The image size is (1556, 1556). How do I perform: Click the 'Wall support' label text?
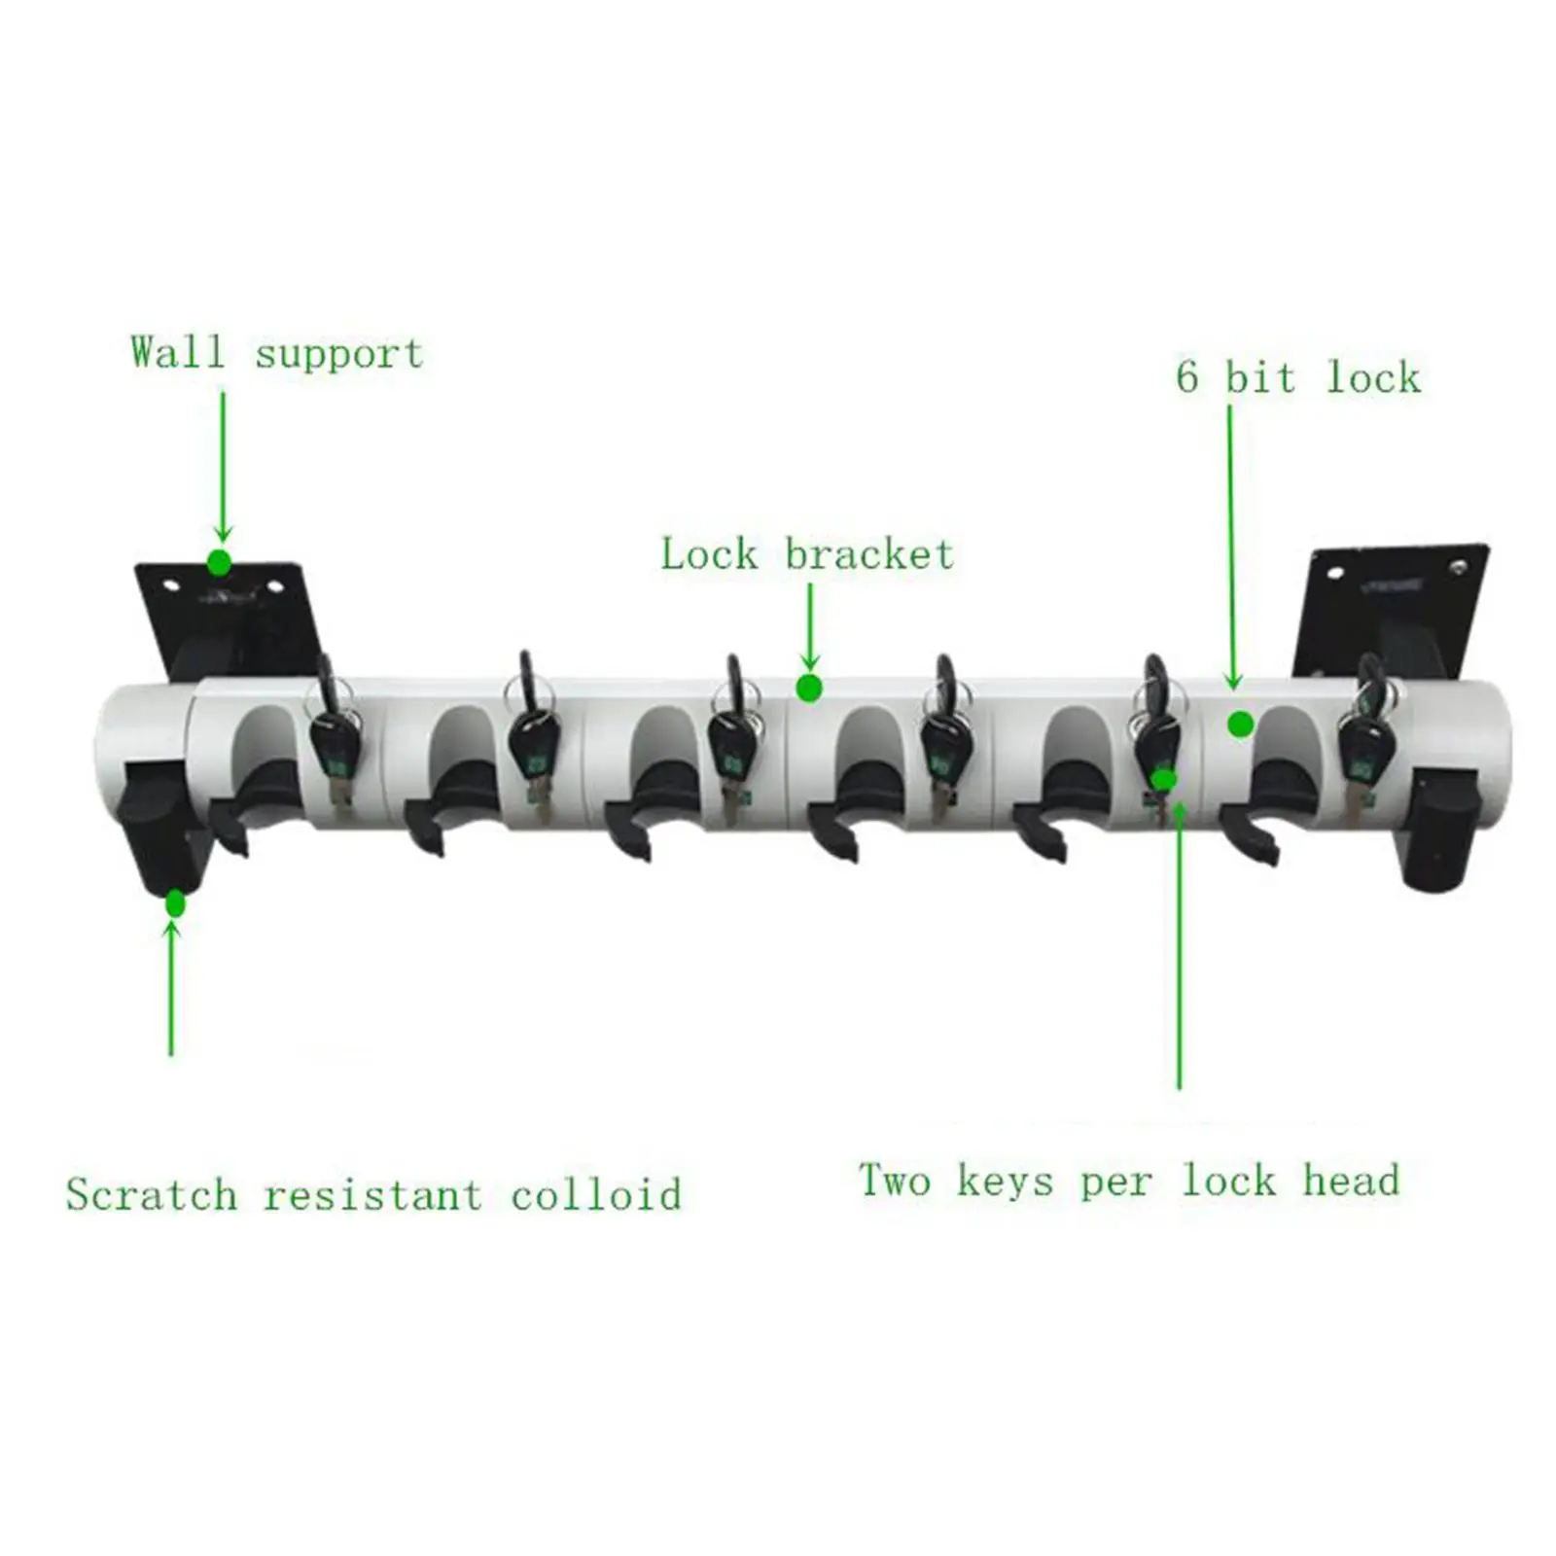pyautogui.click(x=277, y=352)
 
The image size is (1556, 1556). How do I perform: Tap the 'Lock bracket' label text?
pyautogui.click(x=807, y=554)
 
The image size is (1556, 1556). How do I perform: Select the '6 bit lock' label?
pyautogui.click(x=1297, y=377)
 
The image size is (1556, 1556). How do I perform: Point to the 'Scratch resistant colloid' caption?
pyautogui.click(x=373, y=1195)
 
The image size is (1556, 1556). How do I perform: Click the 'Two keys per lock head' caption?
pyautogui.click(x=1129, y=1181)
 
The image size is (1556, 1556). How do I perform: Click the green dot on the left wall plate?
pyautogui.click(x=219, y=562)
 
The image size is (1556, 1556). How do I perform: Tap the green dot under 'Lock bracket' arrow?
pyautogui.click(x=809, y=689)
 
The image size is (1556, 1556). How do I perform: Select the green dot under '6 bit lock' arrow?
pyautogui.click(x=1240, y=725)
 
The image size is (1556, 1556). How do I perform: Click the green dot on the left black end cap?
pyautogui.click(x=175, y=903)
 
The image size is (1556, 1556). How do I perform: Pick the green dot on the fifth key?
pyautogui.click(x=1164, y=778)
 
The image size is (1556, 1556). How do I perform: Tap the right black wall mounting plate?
pyautogui.click(x=1391, y=608)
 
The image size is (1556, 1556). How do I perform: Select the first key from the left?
pyautogui.click(x=334, y=749)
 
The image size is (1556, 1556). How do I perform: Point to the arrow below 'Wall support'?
pyautogui.click(x=223, y=467)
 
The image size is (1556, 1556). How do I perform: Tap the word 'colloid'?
pyautogui.click(x=596, y=1195)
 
